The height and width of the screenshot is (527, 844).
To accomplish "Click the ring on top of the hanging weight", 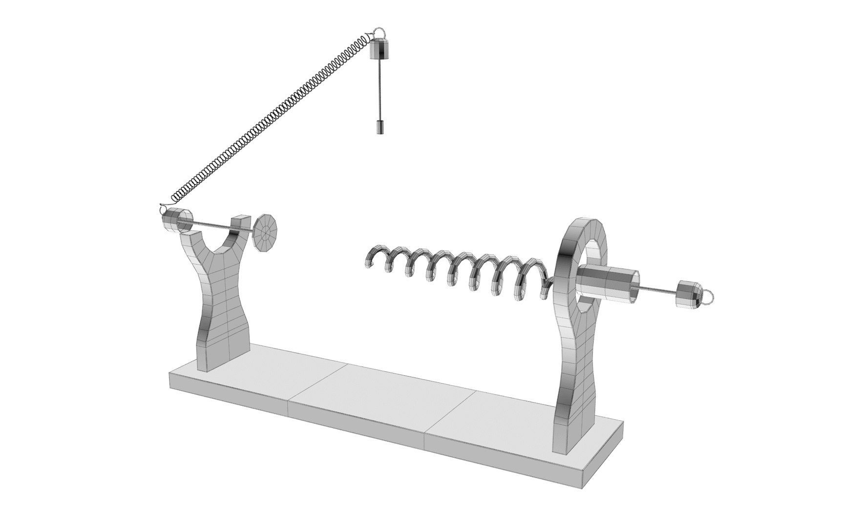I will click(380, 33).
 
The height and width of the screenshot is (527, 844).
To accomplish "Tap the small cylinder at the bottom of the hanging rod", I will click(380, 127).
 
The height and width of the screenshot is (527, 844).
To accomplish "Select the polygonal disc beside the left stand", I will click(266, 233).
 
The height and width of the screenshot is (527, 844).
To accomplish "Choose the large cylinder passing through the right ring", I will click(608, 283).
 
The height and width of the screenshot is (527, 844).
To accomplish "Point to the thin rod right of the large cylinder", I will click(657, 292).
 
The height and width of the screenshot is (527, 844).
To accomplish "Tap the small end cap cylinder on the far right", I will click(687, 294).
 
